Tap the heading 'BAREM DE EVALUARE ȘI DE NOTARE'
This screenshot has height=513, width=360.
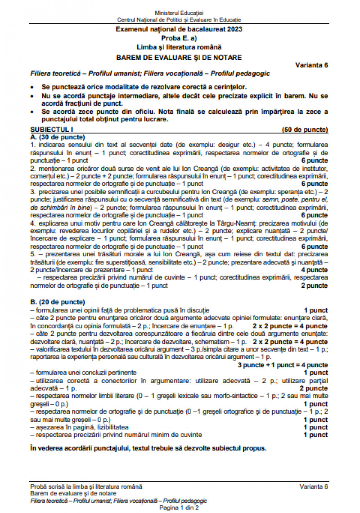179,57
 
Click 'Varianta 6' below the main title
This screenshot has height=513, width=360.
311,65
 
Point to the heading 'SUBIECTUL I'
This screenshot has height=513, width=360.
47,130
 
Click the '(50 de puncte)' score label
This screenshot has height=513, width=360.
305,130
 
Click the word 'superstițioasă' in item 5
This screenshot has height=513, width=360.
119,262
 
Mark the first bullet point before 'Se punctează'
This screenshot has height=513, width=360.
32,87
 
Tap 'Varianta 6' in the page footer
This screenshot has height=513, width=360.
314,486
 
